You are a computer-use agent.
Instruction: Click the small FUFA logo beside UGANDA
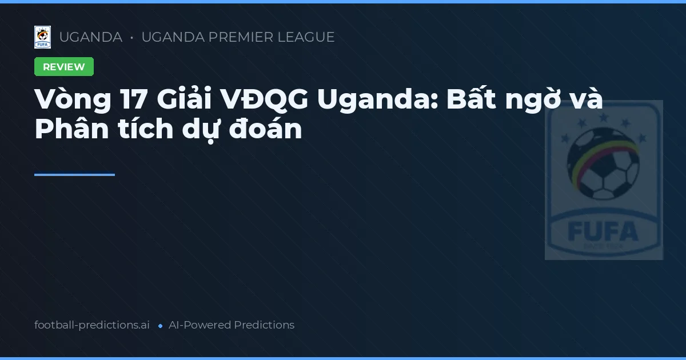click(42, 37)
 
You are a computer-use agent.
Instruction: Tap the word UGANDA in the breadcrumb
click(90, 37)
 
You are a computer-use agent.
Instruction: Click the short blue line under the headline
click(74, 174)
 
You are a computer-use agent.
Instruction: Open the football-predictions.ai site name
click(92, 325)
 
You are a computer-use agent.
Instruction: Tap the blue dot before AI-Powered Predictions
click(160, 326)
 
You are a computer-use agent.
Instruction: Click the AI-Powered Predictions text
click(232, 325)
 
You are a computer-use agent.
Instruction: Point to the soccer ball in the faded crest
click(603, 162)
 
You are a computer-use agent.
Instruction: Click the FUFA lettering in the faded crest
click(603, 231)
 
